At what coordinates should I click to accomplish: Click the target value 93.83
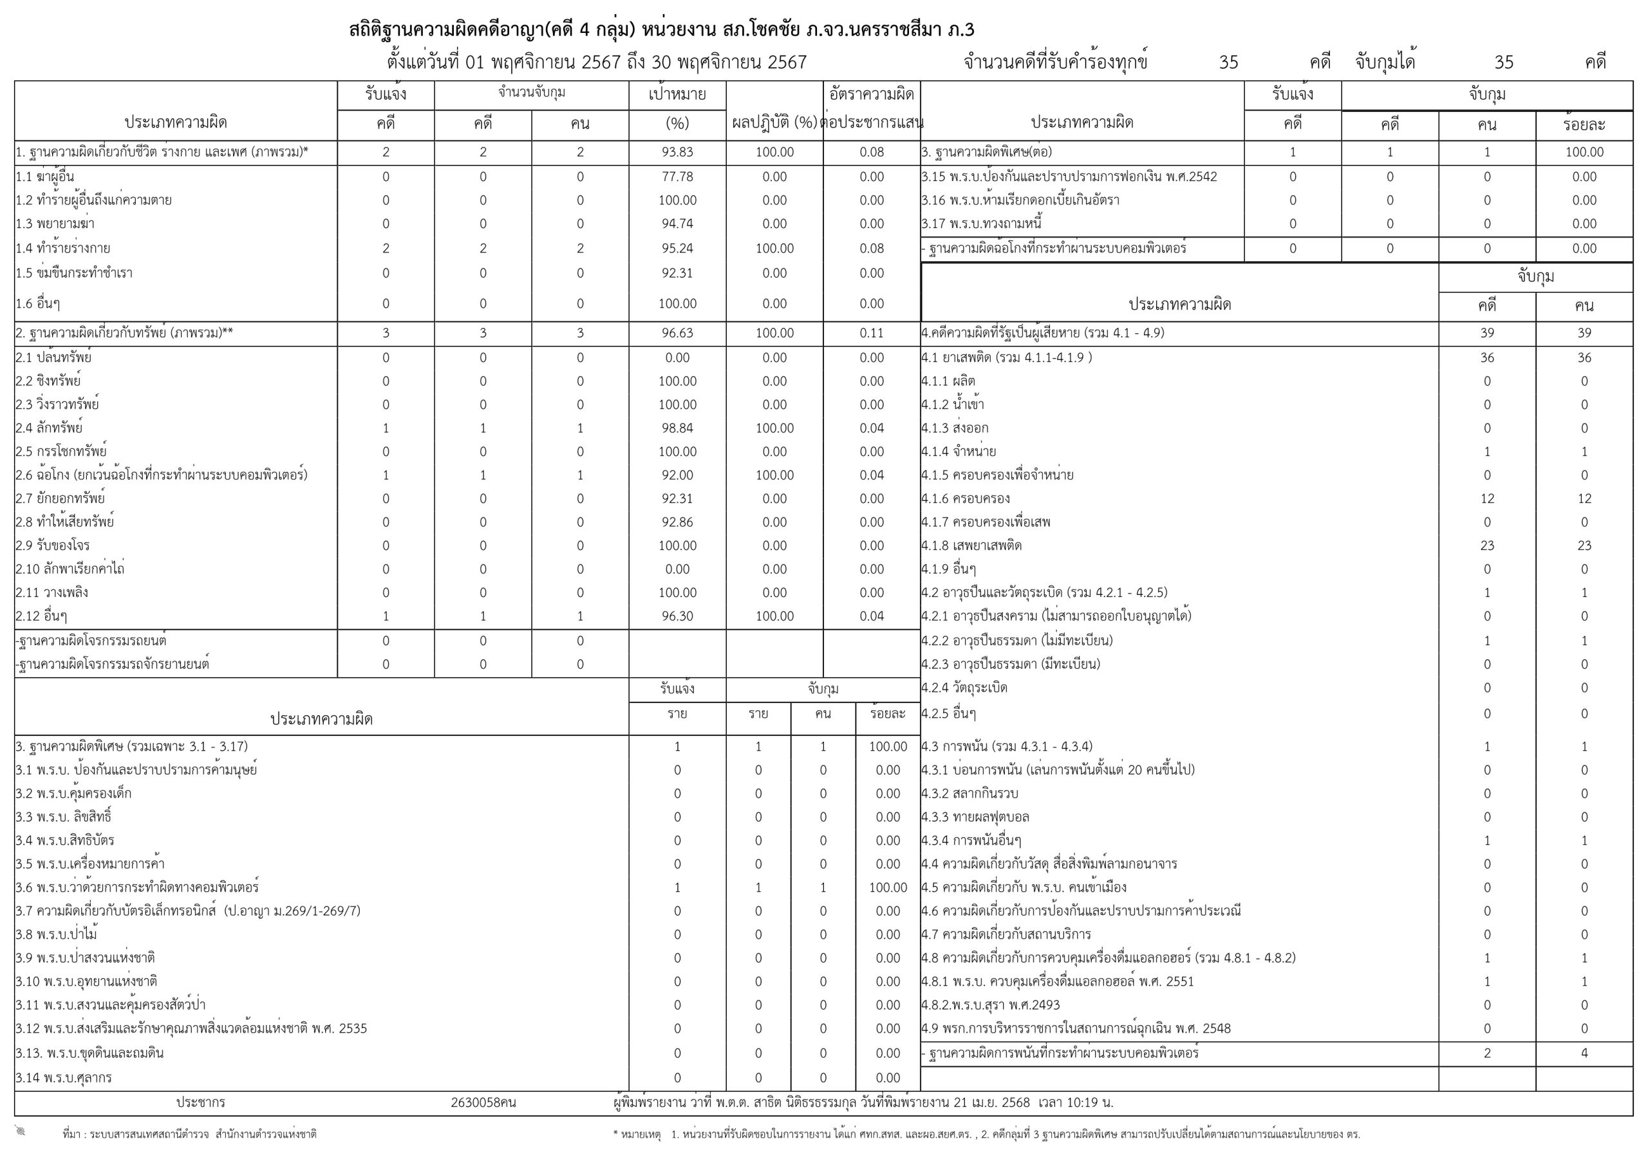click(x=677, y=152)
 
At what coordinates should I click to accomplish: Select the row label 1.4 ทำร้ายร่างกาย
click(x=63, y=249)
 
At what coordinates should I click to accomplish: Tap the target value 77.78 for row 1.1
click(x=677, y=176)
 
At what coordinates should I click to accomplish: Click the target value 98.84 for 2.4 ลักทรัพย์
click(x=677, y=428)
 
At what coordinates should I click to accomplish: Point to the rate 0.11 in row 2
click(x=872, y=333)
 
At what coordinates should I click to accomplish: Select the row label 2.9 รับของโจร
click(x=53, y=546)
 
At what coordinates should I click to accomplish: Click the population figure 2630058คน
click(x=483, y=1102)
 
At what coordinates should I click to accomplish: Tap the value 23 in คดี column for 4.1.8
click(x=1486, y=546)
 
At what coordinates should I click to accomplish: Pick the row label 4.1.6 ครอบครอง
click(x=966, y=498)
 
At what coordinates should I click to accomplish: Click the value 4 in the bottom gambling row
click(x=1584, y=1053)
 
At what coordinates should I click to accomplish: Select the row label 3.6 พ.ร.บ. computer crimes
click(x=137, y=887)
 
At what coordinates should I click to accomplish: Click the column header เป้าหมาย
click(x=677, y=94)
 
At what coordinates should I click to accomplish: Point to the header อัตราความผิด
click(x=872, y=94)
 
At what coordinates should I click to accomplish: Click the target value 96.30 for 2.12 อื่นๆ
click(x=677, y=616)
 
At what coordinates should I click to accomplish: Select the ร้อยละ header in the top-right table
click(x=1584, y=125)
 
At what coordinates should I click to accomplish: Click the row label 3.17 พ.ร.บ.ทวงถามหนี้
click(x=981, y=224)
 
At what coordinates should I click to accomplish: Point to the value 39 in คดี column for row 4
click(x=1486, y=333)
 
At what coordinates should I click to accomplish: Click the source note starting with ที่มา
click(x=189, y=1134)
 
